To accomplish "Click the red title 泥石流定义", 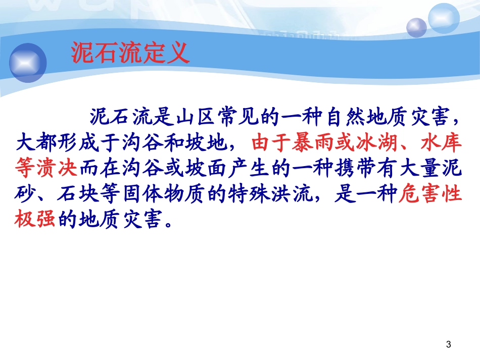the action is (x=130, y=53).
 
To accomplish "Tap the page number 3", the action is (x=449, y=344).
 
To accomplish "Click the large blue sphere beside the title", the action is (x=28, y=63).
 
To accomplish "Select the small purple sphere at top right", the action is (x=416, y=28).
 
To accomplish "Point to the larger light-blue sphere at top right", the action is (x=444, y=18).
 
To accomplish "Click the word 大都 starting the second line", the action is (x=36, y=142).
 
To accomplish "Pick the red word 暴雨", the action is (x=313, y=142).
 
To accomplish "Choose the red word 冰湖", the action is (x=376, y=142).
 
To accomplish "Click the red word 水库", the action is (x=441, y=142).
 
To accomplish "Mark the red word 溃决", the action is (x=57, y=168).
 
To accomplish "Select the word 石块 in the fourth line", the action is (x=78, y=193).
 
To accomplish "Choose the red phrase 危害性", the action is (x=430, y=193).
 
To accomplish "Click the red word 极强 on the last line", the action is (x=35, y=219).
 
